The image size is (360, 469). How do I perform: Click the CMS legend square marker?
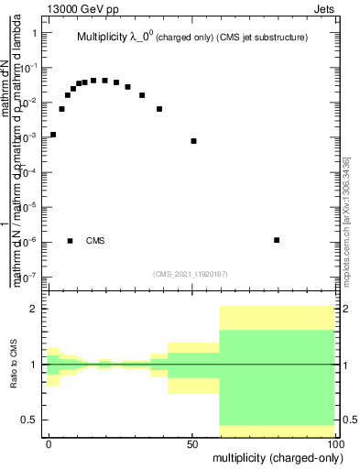coord(70,241)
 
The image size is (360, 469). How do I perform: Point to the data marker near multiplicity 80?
coord(277,240)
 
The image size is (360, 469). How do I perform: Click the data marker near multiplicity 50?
coord(193,141)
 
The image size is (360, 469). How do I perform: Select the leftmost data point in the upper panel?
coord(53,135)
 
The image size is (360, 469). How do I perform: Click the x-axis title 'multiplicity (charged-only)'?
coord(276,456)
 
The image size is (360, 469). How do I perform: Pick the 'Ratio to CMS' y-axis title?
coord(15,365)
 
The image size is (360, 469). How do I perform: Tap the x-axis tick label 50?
coord(192,442)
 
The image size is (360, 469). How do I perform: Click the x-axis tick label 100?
coord(334,442)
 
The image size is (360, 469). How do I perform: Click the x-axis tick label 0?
coord(49,442)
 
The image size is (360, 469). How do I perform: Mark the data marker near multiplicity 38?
coord(159,109)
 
